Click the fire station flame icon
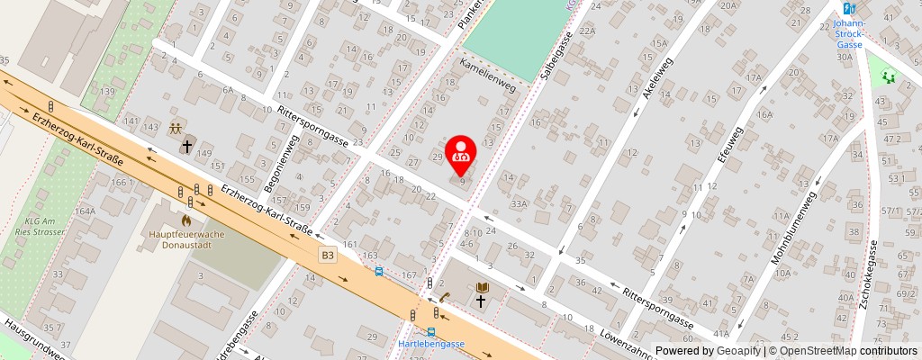pyautogui.click(x=185, y=219)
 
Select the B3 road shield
pyautogui.click(x=328, y=256)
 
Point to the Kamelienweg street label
pyautogui.click(x=487, y=76)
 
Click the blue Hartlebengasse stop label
pyautogui.click(x=430, y=345)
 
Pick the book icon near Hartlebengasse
pyautogui.click(x=483, y=286)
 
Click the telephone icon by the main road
pyautogui.click(x=445, y=297)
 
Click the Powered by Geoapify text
pyautogui.click(x=708, y=351)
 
